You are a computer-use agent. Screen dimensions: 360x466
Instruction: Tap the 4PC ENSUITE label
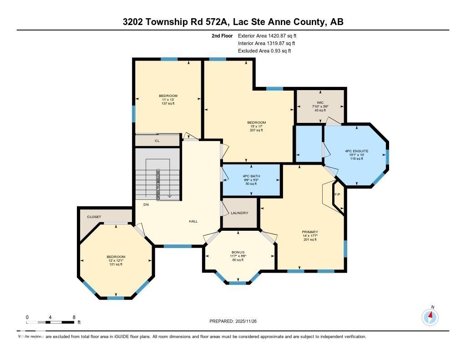click(x=357, y=151)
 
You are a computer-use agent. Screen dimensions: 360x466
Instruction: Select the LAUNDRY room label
click(x=239, y=213)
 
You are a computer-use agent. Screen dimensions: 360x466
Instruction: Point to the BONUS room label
click(x=238, y=252)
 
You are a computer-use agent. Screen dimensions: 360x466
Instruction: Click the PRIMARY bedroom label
click(x=310, y=232)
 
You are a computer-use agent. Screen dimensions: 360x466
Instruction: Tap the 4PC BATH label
click(x=251, y=176)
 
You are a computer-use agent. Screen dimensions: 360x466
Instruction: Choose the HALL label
click(x=193, y=221)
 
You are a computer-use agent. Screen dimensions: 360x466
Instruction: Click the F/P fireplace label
click(x=338, y=195)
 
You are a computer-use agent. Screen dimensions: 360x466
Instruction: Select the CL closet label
click(x=157, y=141)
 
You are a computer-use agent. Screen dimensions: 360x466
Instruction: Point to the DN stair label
click(x=146, y=205)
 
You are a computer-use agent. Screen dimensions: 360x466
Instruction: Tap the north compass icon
click(x=430, y=316)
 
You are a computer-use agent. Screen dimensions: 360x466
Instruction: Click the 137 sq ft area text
click(x=168, y=103)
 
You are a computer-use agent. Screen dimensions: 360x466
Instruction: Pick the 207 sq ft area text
click(x=256, y=130)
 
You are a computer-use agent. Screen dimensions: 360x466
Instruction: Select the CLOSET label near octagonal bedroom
click(x=94, y=217)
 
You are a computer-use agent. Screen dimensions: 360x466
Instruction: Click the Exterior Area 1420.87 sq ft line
click(x=267, y=35)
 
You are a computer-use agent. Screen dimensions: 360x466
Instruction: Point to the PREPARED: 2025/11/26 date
click(x=236, y=321)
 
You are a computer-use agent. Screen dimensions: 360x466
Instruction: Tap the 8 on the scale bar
click(x=74, y=317)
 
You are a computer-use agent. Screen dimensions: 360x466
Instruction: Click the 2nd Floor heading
click(x=222, y=35)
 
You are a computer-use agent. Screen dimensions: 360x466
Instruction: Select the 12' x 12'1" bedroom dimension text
click(x=116, y=260)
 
